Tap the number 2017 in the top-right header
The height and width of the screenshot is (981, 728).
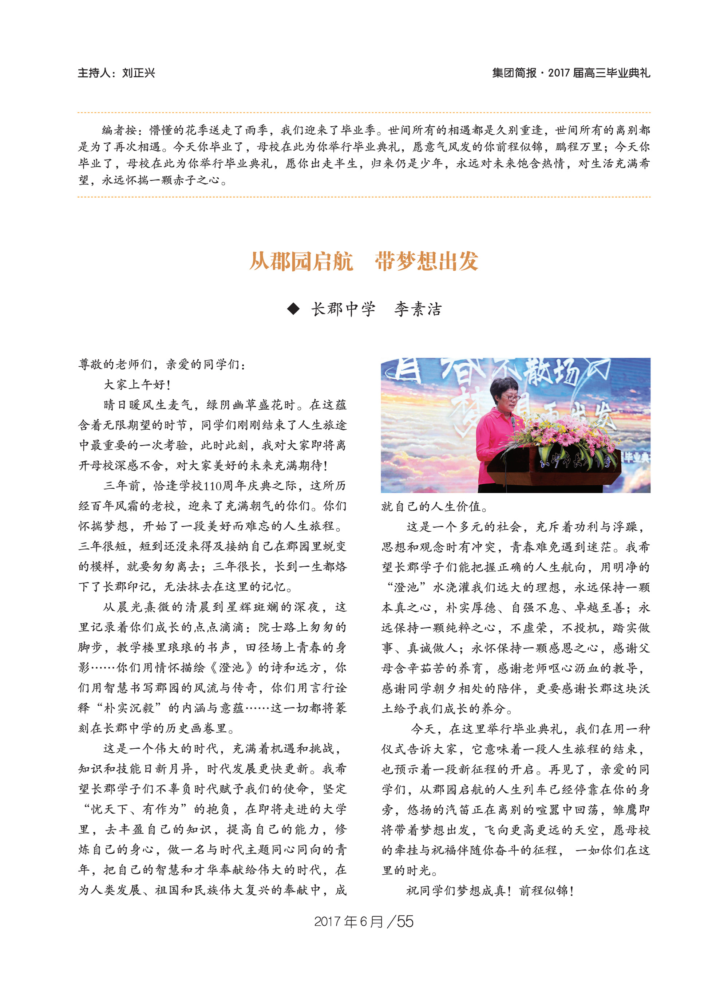click(558, 73)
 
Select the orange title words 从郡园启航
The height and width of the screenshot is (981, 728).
click(301, 261)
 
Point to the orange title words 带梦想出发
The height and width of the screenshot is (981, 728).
click(427, 261)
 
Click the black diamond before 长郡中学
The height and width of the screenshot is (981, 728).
click(293, 309)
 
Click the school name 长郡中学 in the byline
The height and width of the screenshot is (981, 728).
click(343, 309)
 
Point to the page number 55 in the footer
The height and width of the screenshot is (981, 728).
click(405, 922)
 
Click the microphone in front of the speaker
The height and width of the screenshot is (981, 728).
click(513, 423)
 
